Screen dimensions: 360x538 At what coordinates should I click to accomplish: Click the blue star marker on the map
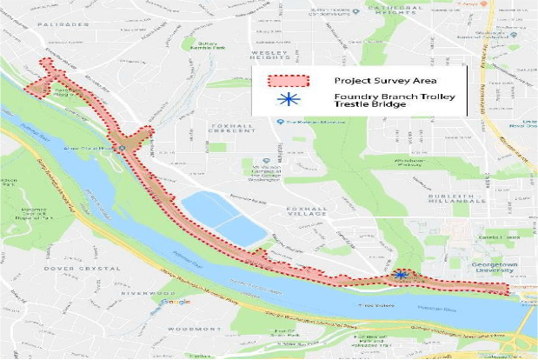(x=401, y=274)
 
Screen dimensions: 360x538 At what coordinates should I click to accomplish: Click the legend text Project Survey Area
(x=373, y=81)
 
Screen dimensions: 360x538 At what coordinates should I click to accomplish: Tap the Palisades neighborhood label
(x=63, y=24)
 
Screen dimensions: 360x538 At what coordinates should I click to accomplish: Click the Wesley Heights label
(x=269, y=57)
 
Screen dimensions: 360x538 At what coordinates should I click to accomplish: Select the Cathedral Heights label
(x=394, y=9)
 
